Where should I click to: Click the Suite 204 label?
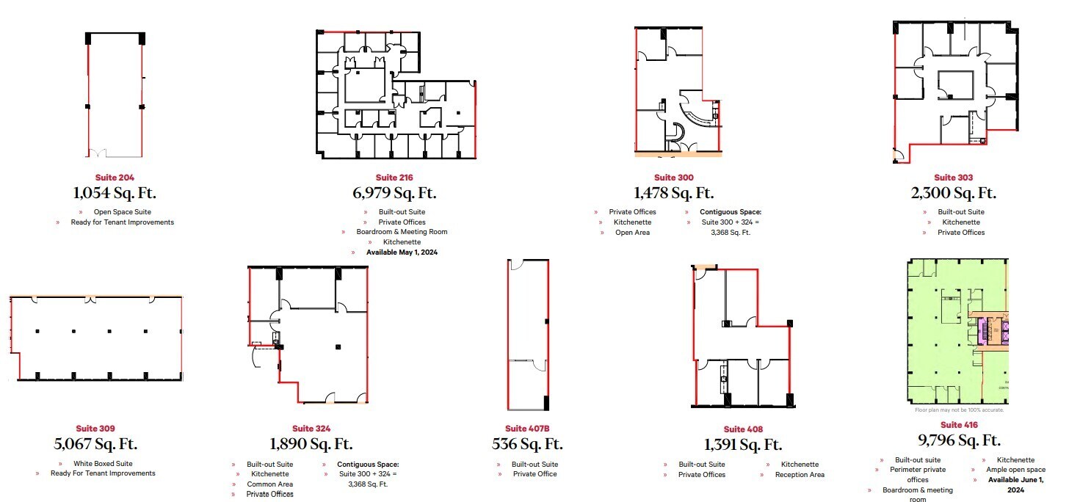(x=115, y=178)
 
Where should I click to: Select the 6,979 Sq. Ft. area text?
(x=394, y=194)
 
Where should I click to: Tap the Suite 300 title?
(x=673, y=178)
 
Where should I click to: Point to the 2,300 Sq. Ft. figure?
(x=954, y=194)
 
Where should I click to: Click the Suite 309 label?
(x=95, y=429)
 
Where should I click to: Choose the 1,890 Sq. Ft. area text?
(x=311, y=445)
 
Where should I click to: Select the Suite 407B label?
(x=526, y=429)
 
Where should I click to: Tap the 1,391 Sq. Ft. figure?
(x=743, y=445)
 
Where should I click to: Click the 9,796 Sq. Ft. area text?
(x=959, y=441)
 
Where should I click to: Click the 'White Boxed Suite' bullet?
(x=103, y=464)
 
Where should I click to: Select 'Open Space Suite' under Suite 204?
(x=122, y=212)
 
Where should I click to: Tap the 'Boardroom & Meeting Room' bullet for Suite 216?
(x=401, y=232)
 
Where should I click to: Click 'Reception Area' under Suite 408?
(x=800, y=475)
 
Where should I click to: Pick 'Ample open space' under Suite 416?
(x=1016, y=470)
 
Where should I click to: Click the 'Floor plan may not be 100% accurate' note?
(x=959, y=410)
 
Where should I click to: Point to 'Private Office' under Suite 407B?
(x=534, y=474)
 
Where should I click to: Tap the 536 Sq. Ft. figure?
(x=526, y=445)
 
